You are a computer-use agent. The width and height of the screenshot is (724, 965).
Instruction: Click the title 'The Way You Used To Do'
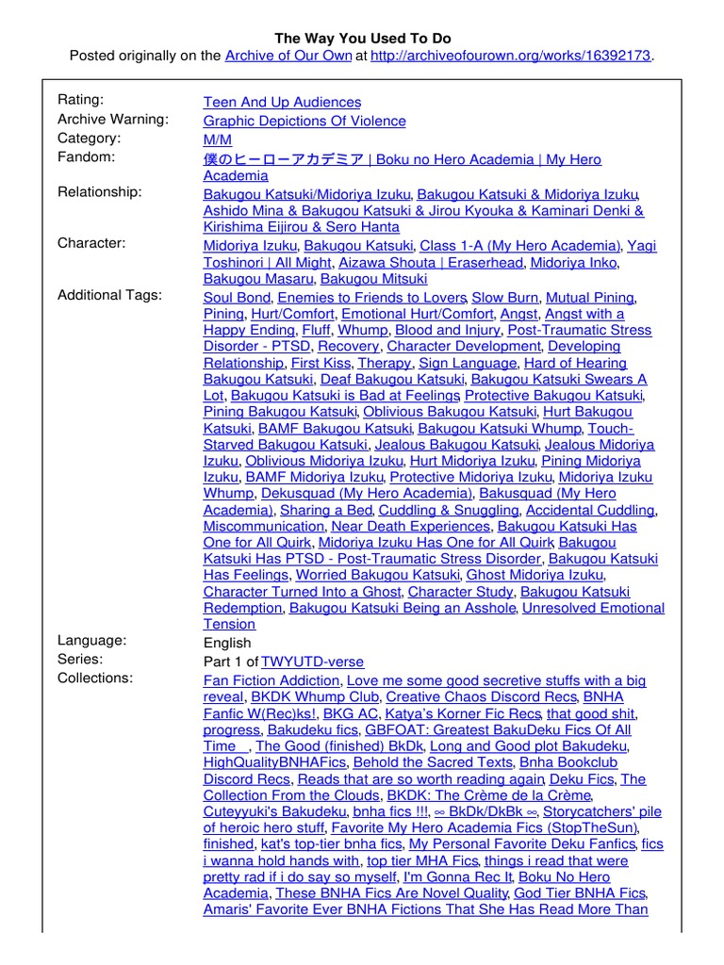click(x=362, y=39)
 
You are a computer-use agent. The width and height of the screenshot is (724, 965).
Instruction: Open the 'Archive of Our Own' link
click(x=288, y=56)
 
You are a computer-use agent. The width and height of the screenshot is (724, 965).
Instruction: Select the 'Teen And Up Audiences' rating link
click(x=282, y=102)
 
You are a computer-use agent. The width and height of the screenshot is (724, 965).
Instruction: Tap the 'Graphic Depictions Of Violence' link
click(x=304, y=121)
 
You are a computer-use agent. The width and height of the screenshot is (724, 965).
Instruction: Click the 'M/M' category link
click(x=217, y=139)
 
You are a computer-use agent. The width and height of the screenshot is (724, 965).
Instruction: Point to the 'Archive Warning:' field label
click(x=113, y=119)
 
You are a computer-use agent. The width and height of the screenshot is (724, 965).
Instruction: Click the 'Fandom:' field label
click(x=87, y=156)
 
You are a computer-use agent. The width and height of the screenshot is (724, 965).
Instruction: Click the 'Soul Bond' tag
click(x=237, y=297)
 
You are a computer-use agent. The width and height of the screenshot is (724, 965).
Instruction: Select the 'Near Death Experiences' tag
click(x=410, y=527)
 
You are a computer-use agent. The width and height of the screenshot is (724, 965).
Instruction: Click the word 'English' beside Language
click(x=227, y=643)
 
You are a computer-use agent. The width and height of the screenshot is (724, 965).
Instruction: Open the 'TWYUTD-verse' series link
click(x=312, y=662)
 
